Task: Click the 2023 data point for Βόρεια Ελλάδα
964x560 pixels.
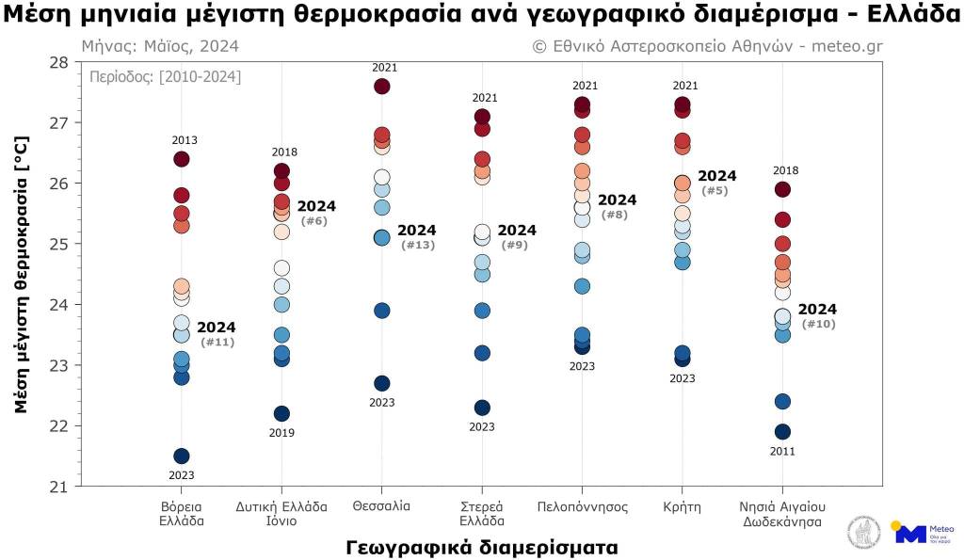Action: tap(182, 456)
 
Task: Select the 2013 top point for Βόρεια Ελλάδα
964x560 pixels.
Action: tap(182, 159)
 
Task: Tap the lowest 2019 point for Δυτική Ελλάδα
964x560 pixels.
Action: tap(281, 414)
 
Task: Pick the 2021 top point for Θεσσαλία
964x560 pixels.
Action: tap(382, 87)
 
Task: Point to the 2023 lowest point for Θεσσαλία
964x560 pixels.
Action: tap(382, 383)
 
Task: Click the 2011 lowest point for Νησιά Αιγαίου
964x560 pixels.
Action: tap(782, 432)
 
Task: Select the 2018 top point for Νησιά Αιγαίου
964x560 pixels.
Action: tap(782, 189)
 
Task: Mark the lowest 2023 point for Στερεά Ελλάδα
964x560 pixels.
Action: tap(482, 408)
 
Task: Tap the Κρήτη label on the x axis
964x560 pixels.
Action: tap(683, 506)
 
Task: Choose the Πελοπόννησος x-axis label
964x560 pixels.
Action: tap(582, 506)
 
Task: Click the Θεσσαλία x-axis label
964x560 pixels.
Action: tap(382, 506)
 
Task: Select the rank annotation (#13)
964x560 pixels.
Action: tap(417, 246)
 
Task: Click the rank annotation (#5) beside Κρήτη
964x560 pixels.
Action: tap(715, 191)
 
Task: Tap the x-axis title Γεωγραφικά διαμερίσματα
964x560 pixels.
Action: tap(482, 547)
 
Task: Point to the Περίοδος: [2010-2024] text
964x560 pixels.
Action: tap(166, 77)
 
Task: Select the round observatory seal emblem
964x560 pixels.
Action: tap(862, 534)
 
